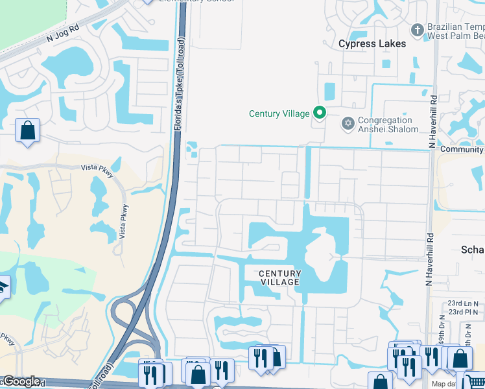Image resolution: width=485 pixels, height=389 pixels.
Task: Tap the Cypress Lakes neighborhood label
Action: tap(372, 44)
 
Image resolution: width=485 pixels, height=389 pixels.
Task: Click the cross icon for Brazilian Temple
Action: tap(418, 29)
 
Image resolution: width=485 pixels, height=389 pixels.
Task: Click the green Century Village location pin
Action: tap(319, 113)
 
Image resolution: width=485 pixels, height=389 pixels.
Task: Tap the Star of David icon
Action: tap(348, 123)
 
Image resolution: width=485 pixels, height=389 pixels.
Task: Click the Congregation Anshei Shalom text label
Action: tap(386, 124)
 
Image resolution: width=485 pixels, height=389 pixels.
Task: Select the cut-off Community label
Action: tap(462, 150)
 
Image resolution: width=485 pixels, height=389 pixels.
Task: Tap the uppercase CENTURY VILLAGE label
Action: tap(279, 277)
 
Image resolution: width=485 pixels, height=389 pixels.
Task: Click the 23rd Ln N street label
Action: tap(462, 303)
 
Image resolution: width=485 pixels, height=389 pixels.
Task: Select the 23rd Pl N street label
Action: tap(462, 312)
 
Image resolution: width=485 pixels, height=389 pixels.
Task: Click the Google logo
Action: tap(21, 381)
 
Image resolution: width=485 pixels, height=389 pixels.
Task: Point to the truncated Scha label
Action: tap(473, 250)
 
